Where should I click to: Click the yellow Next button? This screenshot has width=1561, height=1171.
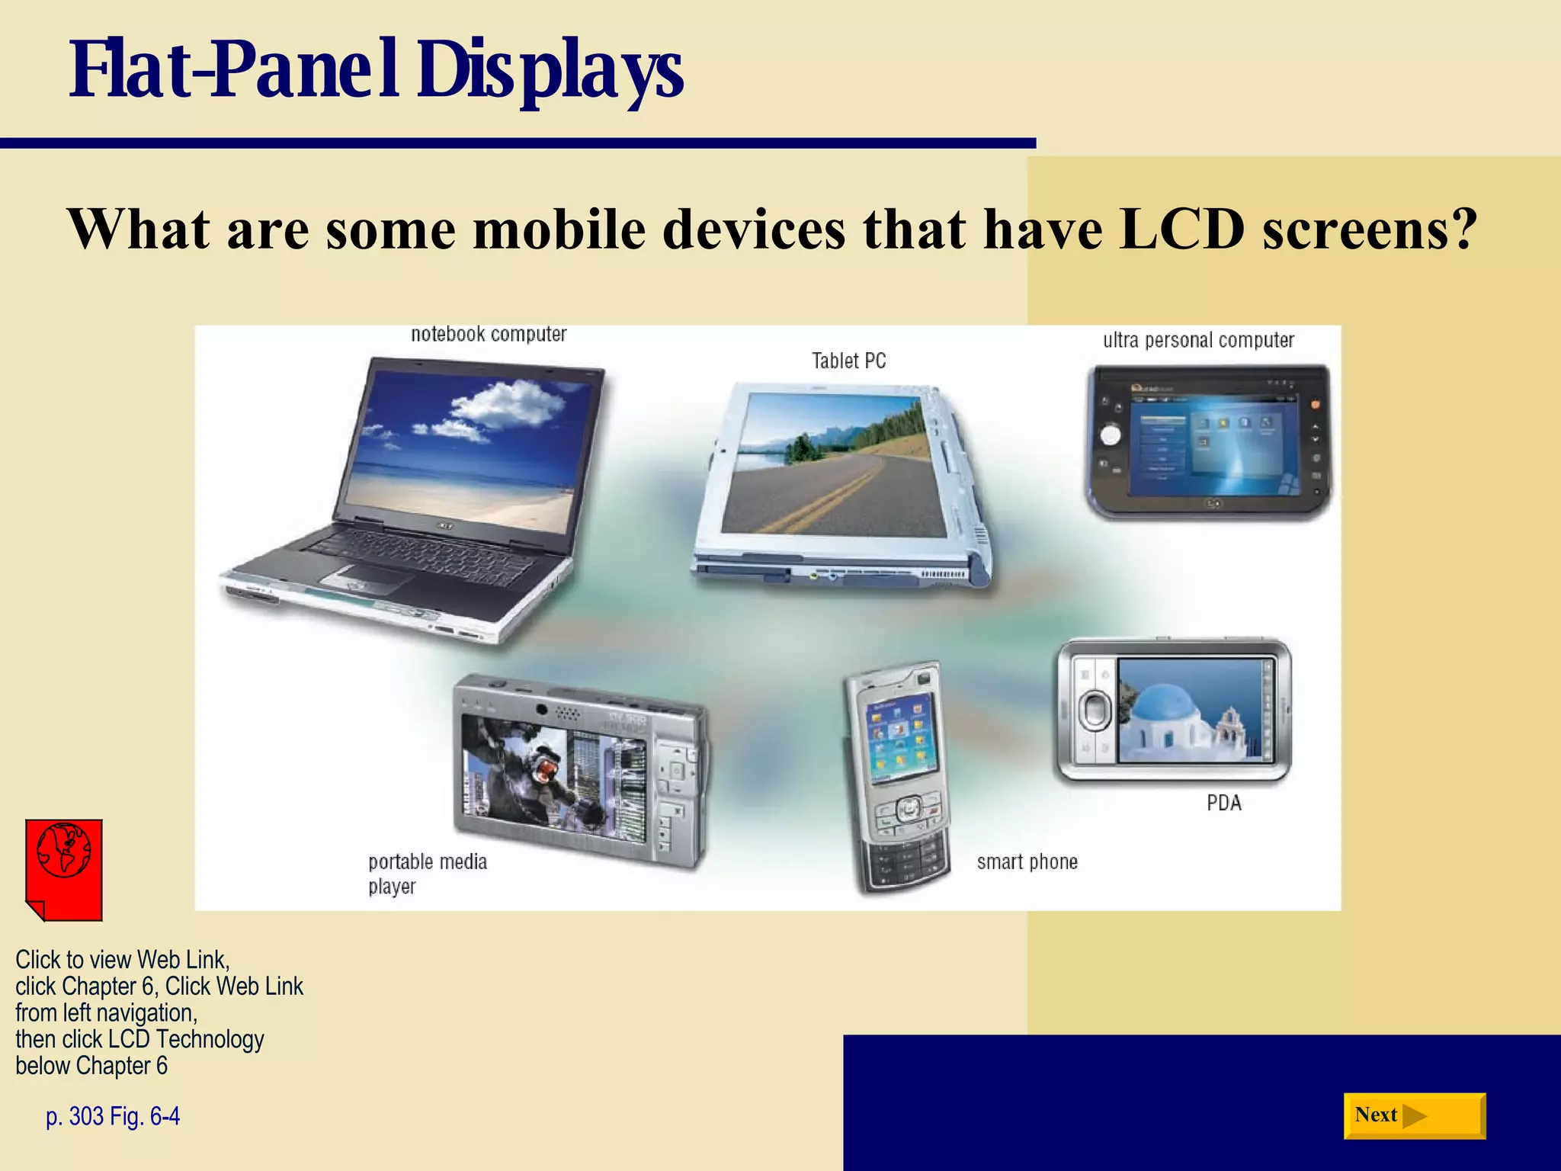tap(1414, 1116)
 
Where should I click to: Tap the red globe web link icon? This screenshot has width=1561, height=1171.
tap(64, 869)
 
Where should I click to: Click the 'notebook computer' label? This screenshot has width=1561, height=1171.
tap(489, 335)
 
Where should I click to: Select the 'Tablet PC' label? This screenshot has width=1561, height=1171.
tap(848, 361)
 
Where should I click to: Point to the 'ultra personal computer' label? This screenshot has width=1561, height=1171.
tap(1198, 340)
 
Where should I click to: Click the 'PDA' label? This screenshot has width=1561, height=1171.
tap(1223, 803)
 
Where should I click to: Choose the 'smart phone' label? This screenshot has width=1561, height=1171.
tap(1027, 862)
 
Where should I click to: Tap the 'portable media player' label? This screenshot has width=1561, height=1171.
tap(427, 874)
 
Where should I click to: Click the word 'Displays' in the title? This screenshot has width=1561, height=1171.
tap(550, 70)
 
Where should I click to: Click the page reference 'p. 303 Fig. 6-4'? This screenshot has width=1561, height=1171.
tap(113, 1116)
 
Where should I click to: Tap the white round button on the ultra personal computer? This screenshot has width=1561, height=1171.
tap(1111, 435)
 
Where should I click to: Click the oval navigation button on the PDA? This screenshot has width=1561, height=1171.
tap(1095, 710)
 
